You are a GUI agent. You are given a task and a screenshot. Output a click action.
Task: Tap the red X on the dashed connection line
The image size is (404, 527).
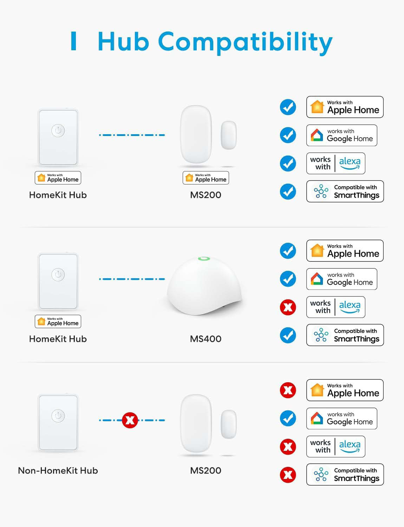click(130, 420)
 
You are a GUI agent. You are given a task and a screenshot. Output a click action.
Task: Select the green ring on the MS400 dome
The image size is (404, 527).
click(204, 259)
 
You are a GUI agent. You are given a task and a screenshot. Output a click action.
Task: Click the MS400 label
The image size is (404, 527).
click(206, 339)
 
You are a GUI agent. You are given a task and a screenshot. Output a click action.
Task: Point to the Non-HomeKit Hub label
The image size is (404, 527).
click(58, 471)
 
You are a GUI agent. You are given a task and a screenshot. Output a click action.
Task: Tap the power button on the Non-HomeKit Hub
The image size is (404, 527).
click(58, 416)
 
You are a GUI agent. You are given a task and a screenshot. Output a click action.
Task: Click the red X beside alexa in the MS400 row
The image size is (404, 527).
click(288, 307)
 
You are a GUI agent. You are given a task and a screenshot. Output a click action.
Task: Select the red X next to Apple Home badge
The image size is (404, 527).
click(288, 390)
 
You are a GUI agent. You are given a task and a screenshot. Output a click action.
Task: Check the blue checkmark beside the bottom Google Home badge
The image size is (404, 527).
click(288, 418)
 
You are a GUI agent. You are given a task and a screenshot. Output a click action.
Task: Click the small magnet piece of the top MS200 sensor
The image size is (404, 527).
click(228, 135)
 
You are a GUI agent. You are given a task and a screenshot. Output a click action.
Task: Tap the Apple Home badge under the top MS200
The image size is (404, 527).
click(206, 178)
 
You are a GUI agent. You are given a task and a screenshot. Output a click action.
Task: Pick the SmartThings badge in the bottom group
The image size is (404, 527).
click(345, 475)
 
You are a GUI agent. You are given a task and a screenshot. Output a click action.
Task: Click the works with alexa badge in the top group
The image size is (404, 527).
click(335, 163)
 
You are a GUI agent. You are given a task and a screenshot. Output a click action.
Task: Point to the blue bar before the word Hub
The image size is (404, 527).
click(73, 41)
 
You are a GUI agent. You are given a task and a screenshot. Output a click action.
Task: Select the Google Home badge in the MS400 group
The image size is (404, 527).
click(341, 279)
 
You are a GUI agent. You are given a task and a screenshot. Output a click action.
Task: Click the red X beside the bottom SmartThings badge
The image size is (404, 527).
click(288, 475)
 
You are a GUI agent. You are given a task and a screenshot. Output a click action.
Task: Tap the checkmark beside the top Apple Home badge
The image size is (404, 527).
click(288, 107)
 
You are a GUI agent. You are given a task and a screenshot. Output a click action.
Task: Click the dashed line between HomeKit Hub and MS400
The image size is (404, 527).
click(132, 279)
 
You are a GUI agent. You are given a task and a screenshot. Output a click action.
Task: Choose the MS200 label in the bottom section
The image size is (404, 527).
click(206, 471)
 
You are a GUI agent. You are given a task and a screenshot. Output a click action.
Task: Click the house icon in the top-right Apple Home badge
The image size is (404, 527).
click(317, 107)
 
